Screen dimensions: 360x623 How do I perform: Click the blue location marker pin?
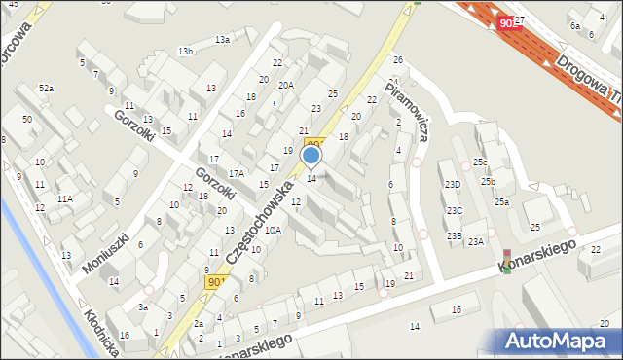pyautogui.click(x=311, y=155)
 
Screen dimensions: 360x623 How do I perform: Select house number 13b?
pyautogui.click(x=185, y=51)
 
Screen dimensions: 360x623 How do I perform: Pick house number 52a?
pyautogui.click(x=47, y=89)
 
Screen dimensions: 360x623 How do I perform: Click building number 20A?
pyautogui.click(x=286, y=86)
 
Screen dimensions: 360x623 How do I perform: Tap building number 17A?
pyautogui.click(x=236, y=173)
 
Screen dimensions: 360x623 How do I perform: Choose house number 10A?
pyautogui.click(x=274, y=231)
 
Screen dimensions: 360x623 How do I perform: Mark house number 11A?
pyautogui.click(x=64, y=198)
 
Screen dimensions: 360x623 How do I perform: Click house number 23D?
pyautogui.click(x=453, y=184)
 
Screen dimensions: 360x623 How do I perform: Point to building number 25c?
pyautogui.click(x=480, y=162)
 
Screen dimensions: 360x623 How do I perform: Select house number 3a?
pyautogui.click(x=142, y=307)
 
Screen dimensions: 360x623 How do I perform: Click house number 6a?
pyautogui.click(x=575, y=26)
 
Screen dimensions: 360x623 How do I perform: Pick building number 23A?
pyautogui.click(x=475, y=241)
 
